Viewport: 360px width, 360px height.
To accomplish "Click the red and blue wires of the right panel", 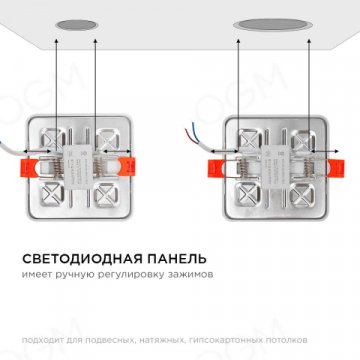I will click(194, 133).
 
